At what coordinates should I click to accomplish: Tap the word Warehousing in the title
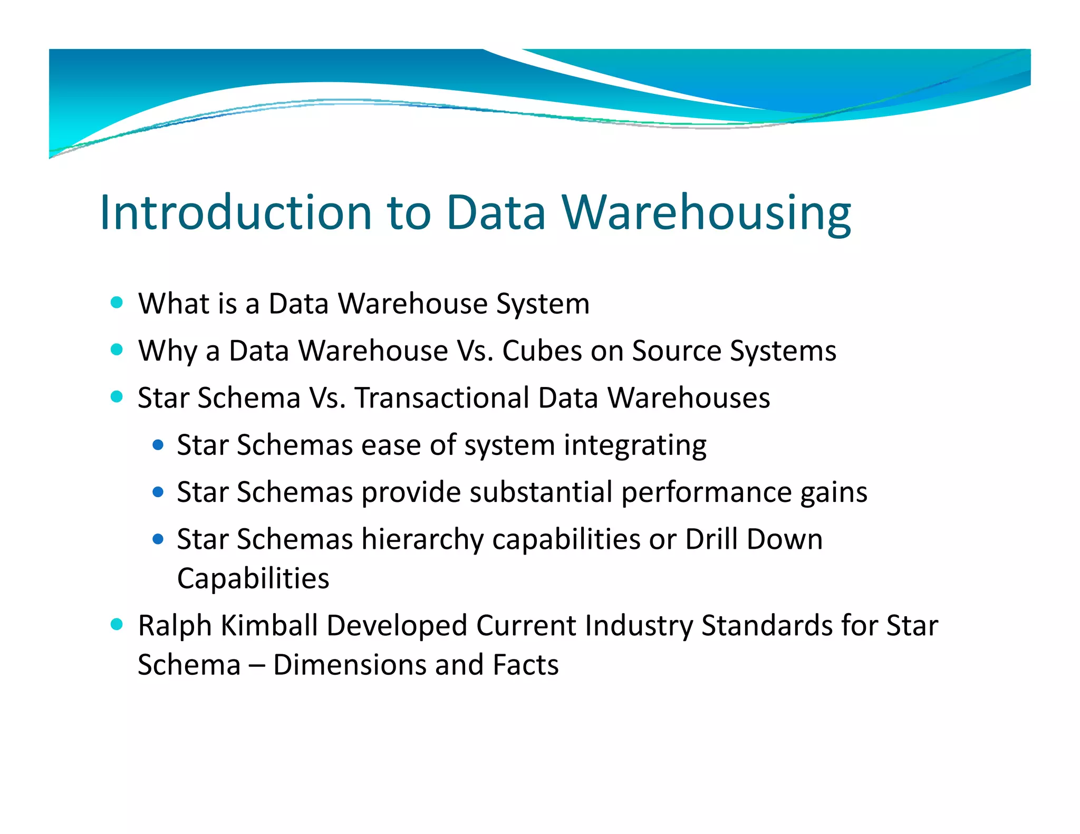click(706, 212)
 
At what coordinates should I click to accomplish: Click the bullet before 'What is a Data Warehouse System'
click(117, 303)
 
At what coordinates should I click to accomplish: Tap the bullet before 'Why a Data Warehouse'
click(117, 350)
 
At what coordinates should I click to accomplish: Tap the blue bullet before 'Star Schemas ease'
click(158, 445)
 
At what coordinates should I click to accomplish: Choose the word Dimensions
click(349, 665)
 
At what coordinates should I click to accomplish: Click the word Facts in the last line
click(525, 665)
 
